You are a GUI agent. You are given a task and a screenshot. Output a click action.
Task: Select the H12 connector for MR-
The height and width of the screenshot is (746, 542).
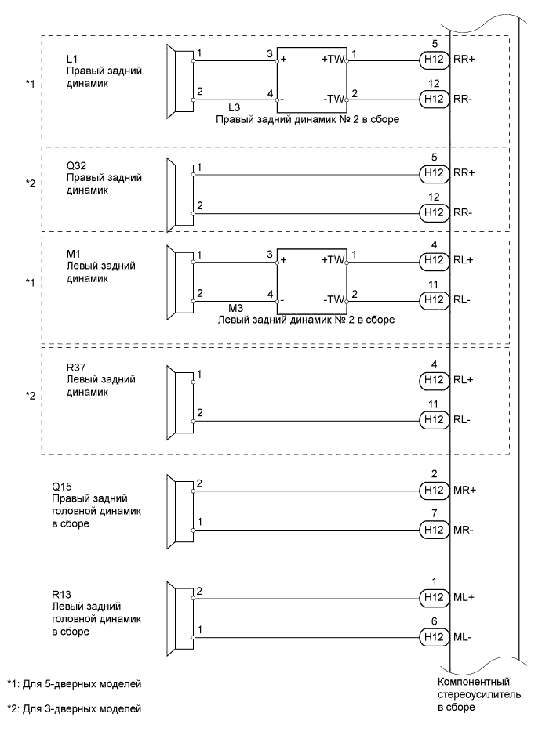coord(433,530)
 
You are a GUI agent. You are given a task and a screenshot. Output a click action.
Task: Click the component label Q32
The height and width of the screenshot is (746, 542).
coord(77,166)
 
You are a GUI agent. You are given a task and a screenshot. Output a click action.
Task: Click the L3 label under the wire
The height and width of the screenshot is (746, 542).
coord(235,107)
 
